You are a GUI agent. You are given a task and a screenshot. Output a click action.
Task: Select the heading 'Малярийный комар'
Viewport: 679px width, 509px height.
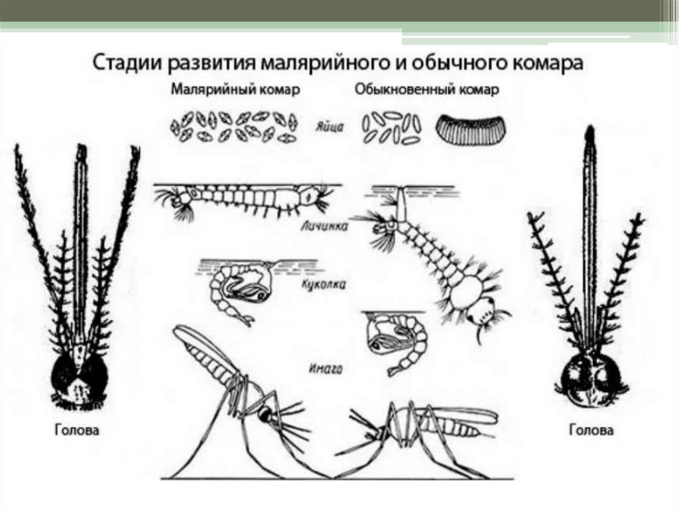click(x=235, y=90)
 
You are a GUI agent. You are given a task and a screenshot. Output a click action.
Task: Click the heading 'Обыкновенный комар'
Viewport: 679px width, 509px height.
click(x=426, y=90)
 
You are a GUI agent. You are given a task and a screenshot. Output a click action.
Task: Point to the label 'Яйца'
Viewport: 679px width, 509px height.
click(x=330, y=127)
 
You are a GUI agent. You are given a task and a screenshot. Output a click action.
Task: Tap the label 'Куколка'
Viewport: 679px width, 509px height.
click(x=324, y=285)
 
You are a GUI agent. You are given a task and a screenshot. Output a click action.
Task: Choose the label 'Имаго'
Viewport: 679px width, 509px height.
click(x=326, y=369)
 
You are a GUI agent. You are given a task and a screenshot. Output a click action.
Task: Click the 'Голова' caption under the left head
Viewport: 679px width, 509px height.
click(x=77, y=430)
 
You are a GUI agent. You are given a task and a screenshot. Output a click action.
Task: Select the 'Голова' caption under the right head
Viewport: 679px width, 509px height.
click(x=591, y=430)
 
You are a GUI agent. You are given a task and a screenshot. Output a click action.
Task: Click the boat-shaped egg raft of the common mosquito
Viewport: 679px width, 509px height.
click(x=470, y=129)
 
